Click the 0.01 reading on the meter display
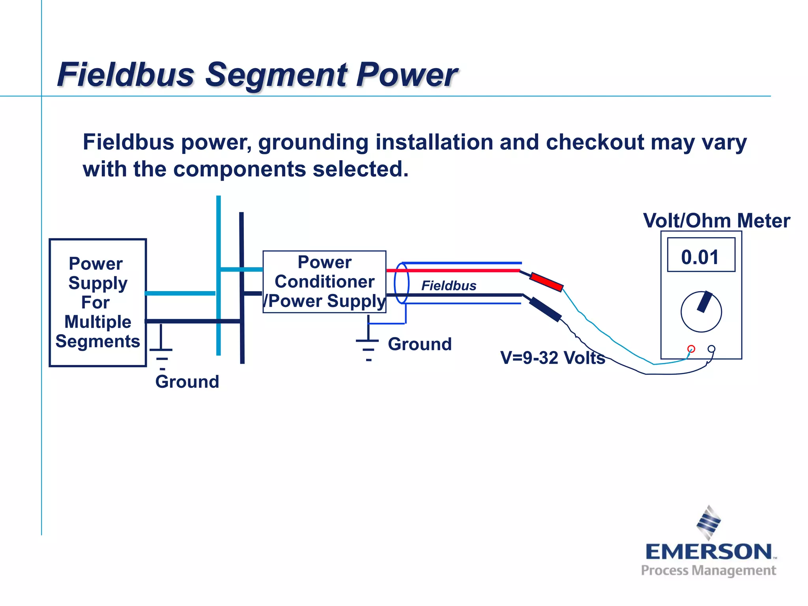click(x=700, y=257)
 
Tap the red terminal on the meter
click(x=691, y=349)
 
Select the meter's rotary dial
click(x=701, y=312)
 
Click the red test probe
click(x=546, y=282)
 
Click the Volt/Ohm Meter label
click(x=716, y=221)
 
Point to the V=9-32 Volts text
click(x=552, y=358)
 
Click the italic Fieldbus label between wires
click(x=449, y=285)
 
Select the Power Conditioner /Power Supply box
click(x=324, y=282)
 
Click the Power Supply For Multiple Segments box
click(x=97, y=303)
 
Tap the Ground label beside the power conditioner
click(x=419, y=344)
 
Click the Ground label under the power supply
click(x=187, y=382)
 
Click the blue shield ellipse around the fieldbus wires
click(x=401, y=283)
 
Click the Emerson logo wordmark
click(x=709, y=552)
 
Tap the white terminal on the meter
click(x=711, y=349)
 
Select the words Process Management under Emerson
click(x=709, y=570)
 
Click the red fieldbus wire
click(x=454, y=270)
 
